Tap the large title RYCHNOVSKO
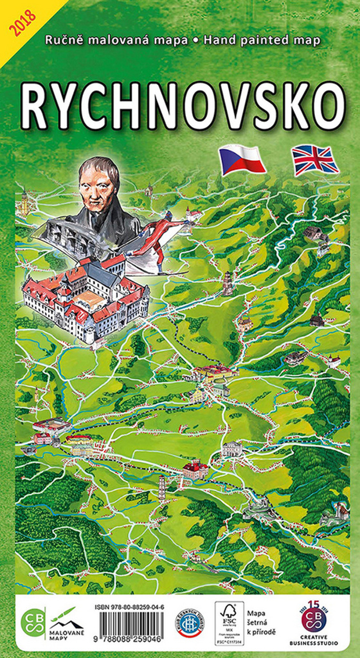[x=182, y=106]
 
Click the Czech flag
[x=242, y=159]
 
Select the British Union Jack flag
[x=314, y=160]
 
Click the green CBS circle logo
[x=33, y=622]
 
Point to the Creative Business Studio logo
[x=313, y=623]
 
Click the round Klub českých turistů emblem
[x=190, y=623]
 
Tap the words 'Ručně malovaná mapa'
[x=116, y=40]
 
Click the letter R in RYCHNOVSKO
[x=35, y=107]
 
